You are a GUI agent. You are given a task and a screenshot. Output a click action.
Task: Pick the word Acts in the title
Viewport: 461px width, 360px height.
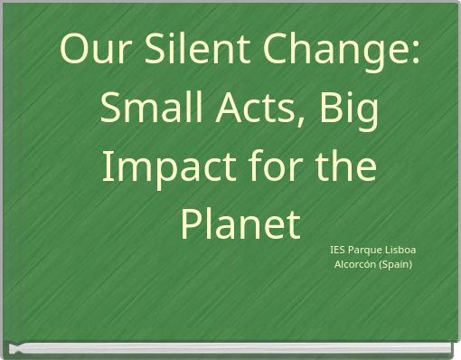click(x=258, y=109)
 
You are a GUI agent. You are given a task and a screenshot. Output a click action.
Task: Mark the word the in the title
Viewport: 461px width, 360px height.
click(x=347, y=167)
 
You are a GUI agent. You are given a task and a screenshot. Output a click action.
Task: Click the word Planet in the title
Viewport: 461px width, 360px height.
click(x=240, y=224)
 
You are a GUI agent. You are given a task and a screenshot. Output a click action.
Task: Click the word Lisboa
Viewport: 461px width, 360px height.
click(x=403, y=250)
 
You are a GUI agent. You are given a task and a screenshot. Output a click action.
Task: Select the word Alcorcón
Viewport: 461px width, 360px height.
click(x=356, y=264)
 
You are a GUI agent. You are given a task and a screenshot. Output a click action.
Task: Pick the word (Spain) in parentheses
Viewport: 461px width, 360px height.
click(x=396, y=265)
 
